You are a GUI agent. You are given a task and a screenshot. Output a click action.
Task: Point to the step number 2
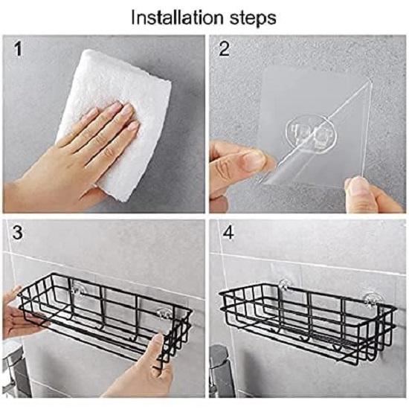[222, 51]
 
